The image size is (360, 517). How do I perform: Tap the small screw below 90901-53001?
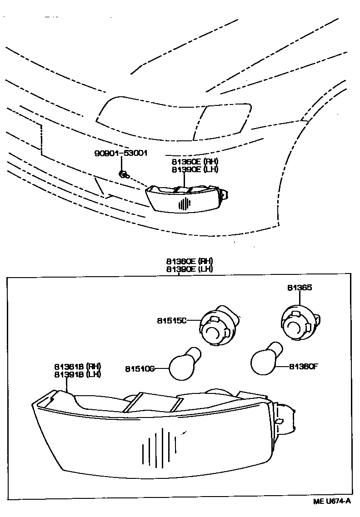pos(122,173)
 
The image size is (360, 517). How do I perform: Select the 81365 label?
pos(300,288)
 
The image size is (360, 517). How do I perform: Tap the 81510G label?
pos(139,368)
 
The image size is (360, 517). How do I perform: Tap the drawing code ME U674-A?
pos(332,501)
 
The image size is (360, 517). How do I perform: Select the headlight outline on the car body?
pos(173,117)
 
